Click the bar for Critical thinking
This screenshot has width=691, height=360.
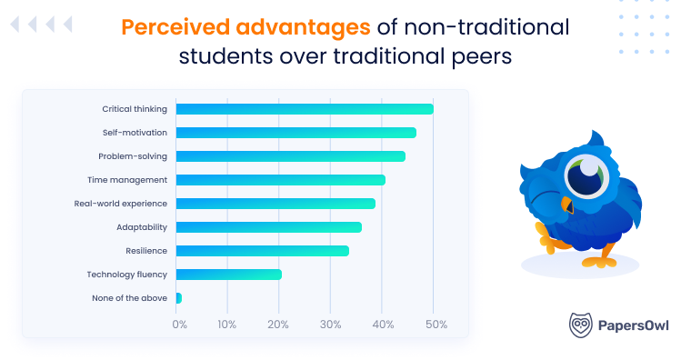pos(305,109)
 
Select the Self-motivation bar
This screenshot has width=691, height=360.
pos(295,133)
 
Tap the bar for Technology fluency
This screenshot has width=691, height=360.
pos(228,275)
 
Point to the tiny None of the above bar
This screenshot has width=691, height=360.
pos(178,298)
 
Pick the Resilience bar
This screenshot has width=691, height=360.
pos(262,251)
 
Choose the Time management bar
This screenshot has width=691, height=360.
pos(280,180)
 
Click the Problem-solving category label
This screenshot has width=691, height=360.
pos(133,156)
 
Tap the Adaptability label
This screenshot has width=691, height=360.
pos(142,227)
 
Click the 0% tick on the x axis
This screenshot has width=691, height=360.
pos(179,325)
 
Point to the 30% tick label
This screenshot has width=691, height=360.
pos(332,325)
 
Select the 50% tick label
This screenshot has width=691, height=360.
pos(435,325)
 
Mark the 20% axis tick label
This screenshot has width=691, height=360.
pos(281,325)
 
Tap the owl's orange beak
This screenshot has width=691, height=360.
pos(567,205)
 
